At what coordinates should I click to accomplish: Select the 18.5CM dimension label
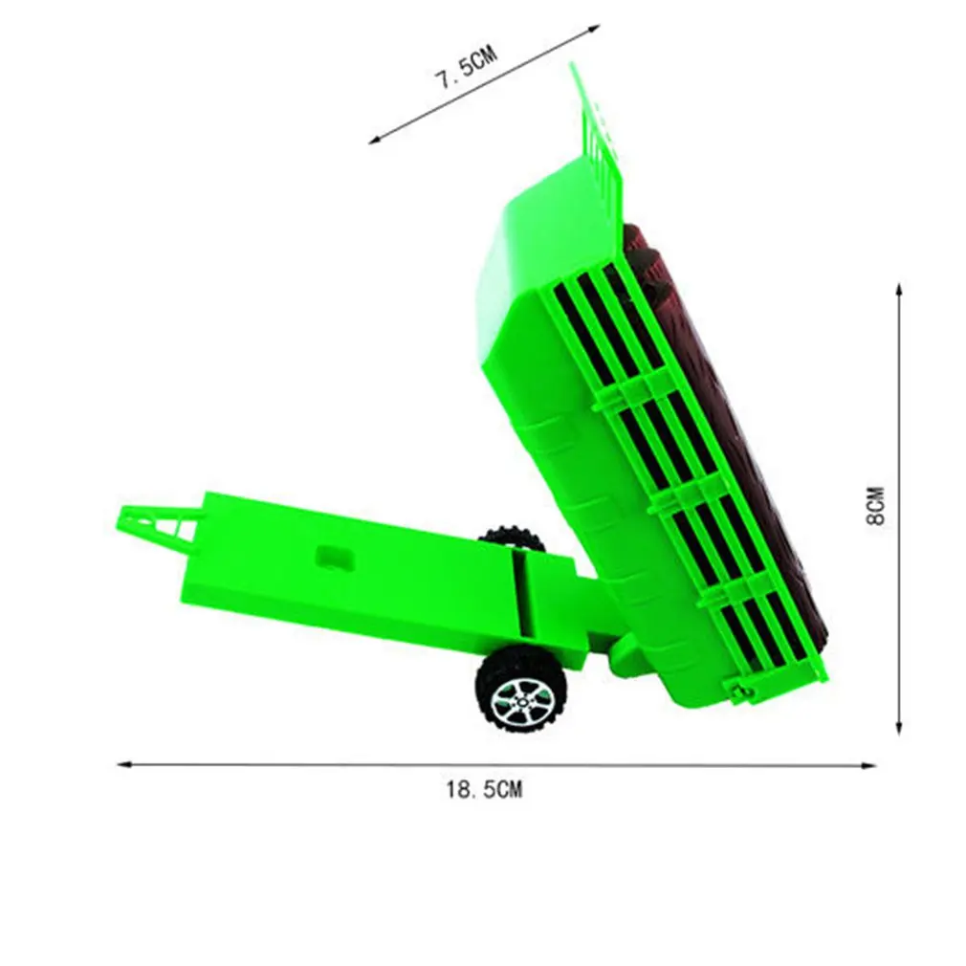(x=484, y=790)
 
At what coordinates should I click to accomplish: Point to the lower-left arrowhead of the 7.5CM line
(x=376, y=140)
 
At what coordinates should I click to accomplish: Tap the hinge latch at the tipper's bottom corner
(x=735, y=689)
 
